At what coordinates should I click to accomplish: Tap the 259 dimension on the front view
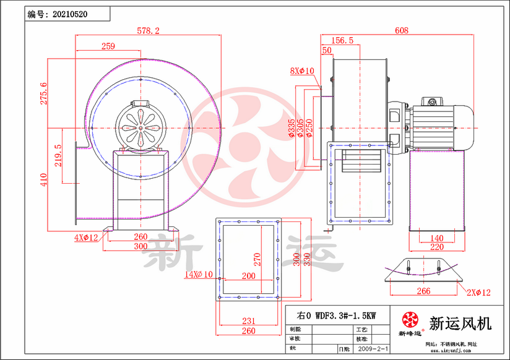point(108,46)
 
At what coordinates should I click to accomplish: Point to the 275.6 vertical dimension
point(43,93)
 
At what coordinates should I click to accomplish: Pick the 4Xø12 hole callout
point(86,238)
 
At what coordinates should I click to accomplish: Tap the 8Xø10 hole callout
point(303,71)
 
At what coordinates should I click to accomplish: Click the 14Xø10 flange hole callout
point(199,274)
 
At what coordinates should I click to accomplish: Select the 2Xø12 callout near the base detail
point(478,292)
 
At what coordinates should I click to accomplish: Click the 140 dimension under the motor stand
point(436,238)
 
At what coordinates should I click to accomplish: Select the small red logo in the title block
point(410,320)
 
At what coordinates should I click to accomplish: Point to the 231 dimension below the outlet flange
point(247,320)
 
